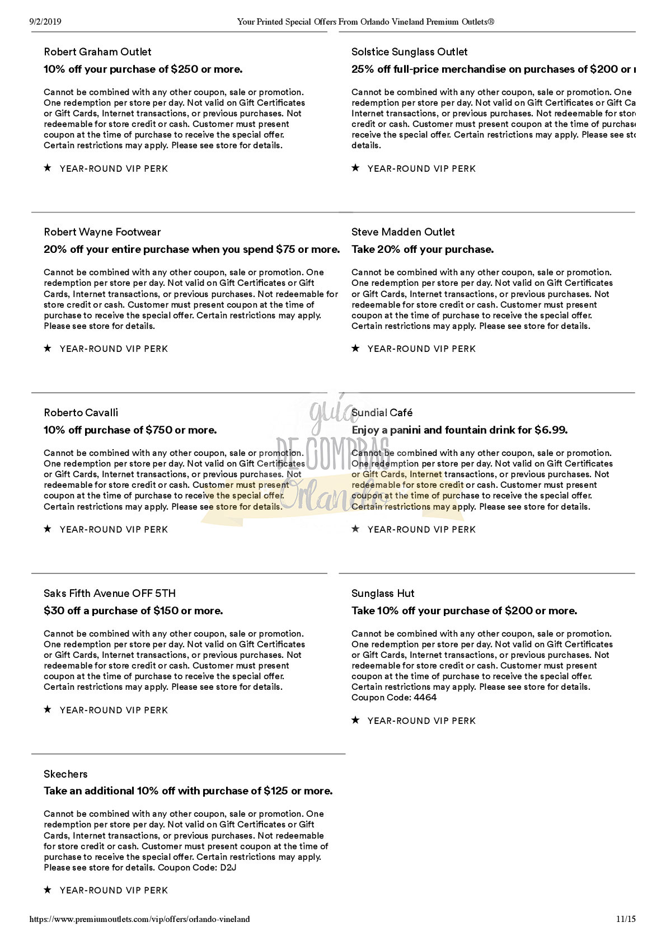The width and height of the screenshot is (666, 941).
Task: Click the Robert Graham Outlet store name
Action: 97,52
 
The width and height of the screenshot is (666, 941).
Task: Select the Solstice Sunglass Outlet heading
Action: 409,52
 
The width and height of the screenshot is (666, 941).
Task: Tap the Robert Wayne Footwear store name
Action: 102,232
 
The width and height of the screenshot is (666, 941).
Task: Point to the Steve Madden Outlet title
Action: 403,232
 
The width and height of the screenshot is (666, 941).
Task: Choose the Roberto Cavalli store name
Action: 81,413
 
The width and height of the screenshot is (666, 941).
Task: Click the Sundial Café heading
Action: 382,413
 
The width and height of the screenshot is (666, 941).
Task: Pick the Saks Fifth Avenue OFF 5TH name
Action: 110,594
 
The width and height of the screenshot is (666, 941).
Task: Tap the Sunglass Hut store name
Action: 383,594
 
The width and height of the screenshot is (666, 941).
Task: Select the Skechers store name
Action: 65,774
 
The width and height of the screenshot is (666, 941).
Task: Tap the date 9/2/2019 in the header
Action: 45,22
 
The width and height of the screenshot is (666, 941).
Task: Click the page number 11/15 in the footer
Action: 626,919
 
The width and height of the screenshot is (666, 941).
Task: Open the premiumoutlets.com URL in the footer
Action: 139,919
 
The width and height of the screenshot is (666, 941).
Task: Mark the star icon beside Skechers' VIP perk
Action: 48,890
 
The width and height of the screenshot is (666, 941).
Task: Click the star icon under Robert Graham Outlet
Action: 48,168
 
